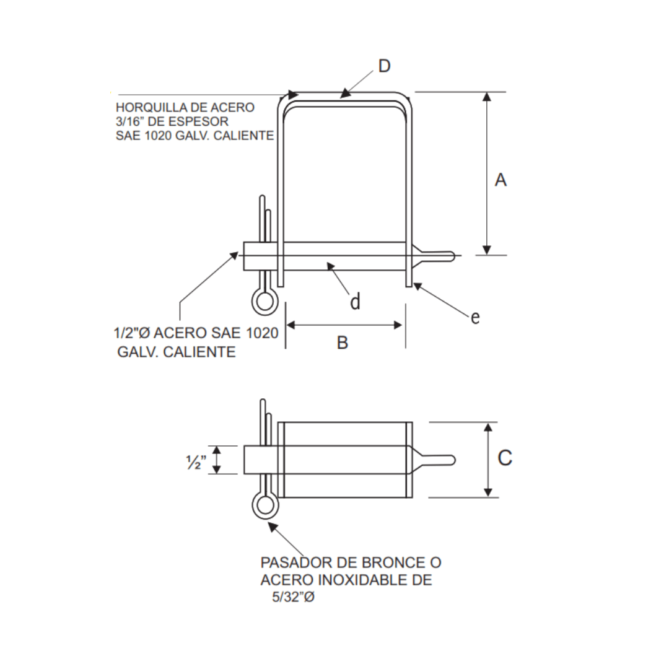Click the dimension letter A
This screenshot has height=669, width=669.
coord(501,180)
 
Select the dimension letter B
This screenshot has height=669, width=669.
coord(343,343)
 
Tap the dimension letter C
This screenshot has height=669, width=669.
coord(505,458)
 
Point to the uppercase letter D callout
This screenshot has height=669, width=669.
coord(385,66)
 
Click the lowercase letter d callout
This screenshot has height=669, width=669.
coord(355,302)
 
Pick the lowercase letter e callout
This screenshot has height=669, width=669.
coord(475,318)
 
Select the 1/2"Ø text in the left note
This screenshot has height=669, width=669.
coord(131,333)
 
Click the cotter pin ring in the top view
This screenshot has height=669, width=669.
coord(264,301)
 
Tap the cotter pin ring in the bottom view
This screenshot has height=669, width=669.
coord(265,506)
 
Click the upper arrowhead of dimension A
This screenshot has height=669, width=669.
coord(488,97)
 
